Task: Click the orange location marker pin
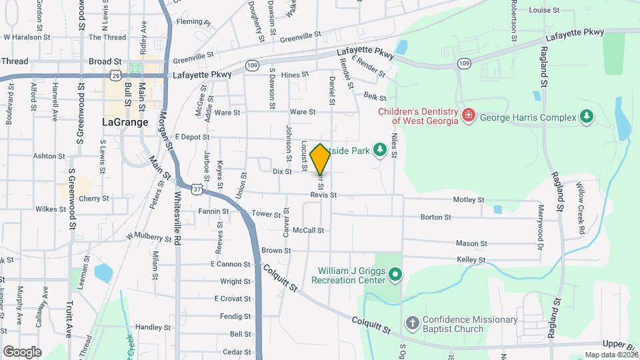click(x=321, y=159)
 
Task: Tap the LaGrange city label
click(x=124, y=122)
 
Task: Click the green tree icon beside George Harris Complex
click(x=587, y=117)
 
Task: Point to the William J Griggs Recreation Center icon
click(x=395, y=274)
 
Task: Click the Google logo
click(x=22, y=351)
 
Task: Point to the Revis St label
click(x=323, y=195)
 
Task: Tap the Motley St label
click(x=469, y=199)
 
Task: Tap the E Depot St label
click(x=191, y=137)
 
